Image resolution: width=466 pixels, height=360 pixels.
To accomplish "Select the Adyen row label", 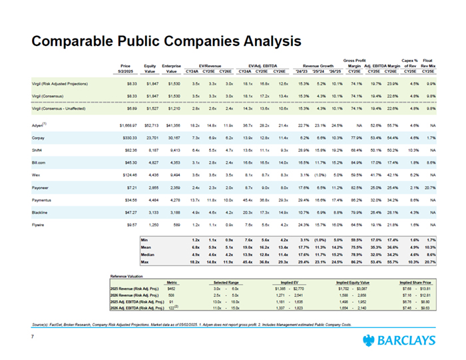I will click(x=41, y=124).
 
